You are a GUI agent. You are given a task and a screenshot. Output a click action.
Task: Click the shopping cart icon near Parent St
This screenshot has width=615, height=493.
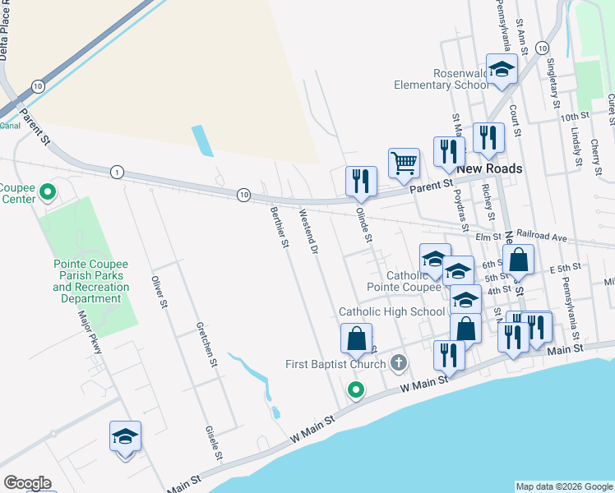tap(404, 162)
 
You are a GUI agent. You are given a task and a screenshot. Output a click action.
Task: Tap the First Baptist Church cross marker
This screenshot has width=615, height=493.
tap(399, 362)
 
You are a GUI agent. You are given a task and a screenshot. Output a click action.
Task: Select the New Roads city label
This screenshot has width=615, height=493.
tap(490, 168)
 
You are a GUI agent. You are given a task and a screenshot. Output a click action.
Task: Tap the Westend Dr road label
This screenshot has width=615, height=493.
tap(307, 231)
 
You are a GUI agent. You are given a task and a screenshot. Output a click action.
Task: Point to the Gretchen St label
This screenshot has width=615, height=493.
tap(206, 343)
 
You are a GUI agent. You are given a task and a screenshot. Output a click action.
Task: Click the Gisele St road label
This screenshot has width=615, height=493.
tap(214, 444)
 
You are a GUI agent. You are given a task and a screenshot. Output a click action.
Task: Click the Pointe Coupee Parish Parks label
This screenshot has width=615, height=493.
tap(90, 276)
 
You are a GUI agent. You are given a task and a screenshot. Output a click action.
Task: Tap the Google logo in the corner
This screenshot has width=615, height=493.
tap(27, 483)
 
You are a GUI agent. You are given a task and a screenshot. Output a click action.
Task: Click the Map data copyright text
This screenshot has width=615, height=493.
tap(564, 486)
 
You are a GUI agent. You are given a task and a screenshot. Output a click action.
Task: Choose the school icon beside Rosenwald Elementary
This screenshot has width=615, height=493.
tap(501, 71)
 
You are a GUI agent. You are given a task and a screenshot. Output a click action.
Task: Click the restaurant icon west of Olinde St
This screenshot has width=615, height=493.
tap(361, 181)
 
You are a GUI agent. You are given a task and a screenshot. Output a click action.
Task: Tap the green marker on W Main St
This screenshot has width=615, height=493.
tap(355, 390)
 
